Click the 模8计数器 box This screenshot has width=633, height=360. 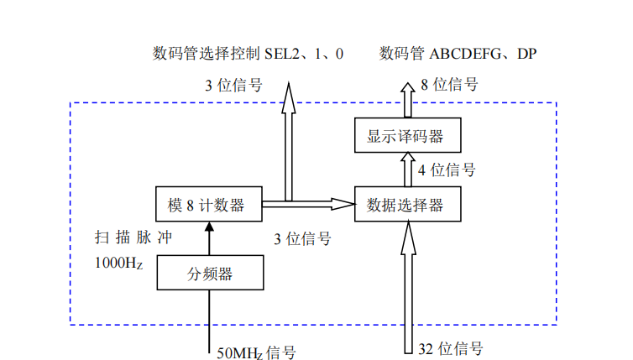pyautogui.click(x=208, y=204)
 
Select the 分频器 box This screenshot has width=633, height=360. pyautogui.click(x=210, y=273)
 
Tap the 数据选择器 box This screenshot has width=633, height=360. pyautogui.click(x=408, y=204)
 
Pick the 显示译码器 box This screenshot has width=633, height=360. pyautogui.click(x=408, y=135)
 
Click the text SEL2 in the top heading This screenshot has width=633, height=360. pyautogui.click(x=283, y=54)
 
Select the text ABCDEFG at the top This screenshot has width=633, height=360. pyautogui.click(x=467, y=54)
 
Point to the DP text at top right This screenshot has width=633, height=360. pyautogui.click(x=526, y=54)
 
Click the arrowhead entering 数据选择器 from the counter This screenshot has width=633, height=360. pyautogui.click(x=343, y=204)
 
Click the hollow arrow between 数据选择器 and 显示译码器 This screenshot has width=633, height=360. pyautogui.click(x=408, y=170)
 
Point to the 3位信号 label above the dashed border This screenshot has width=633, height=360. pyautogui.click(x=233, y=84)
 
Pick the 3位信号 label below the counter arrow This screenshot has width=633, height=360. pyautogui.click(x=302, y=238)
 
